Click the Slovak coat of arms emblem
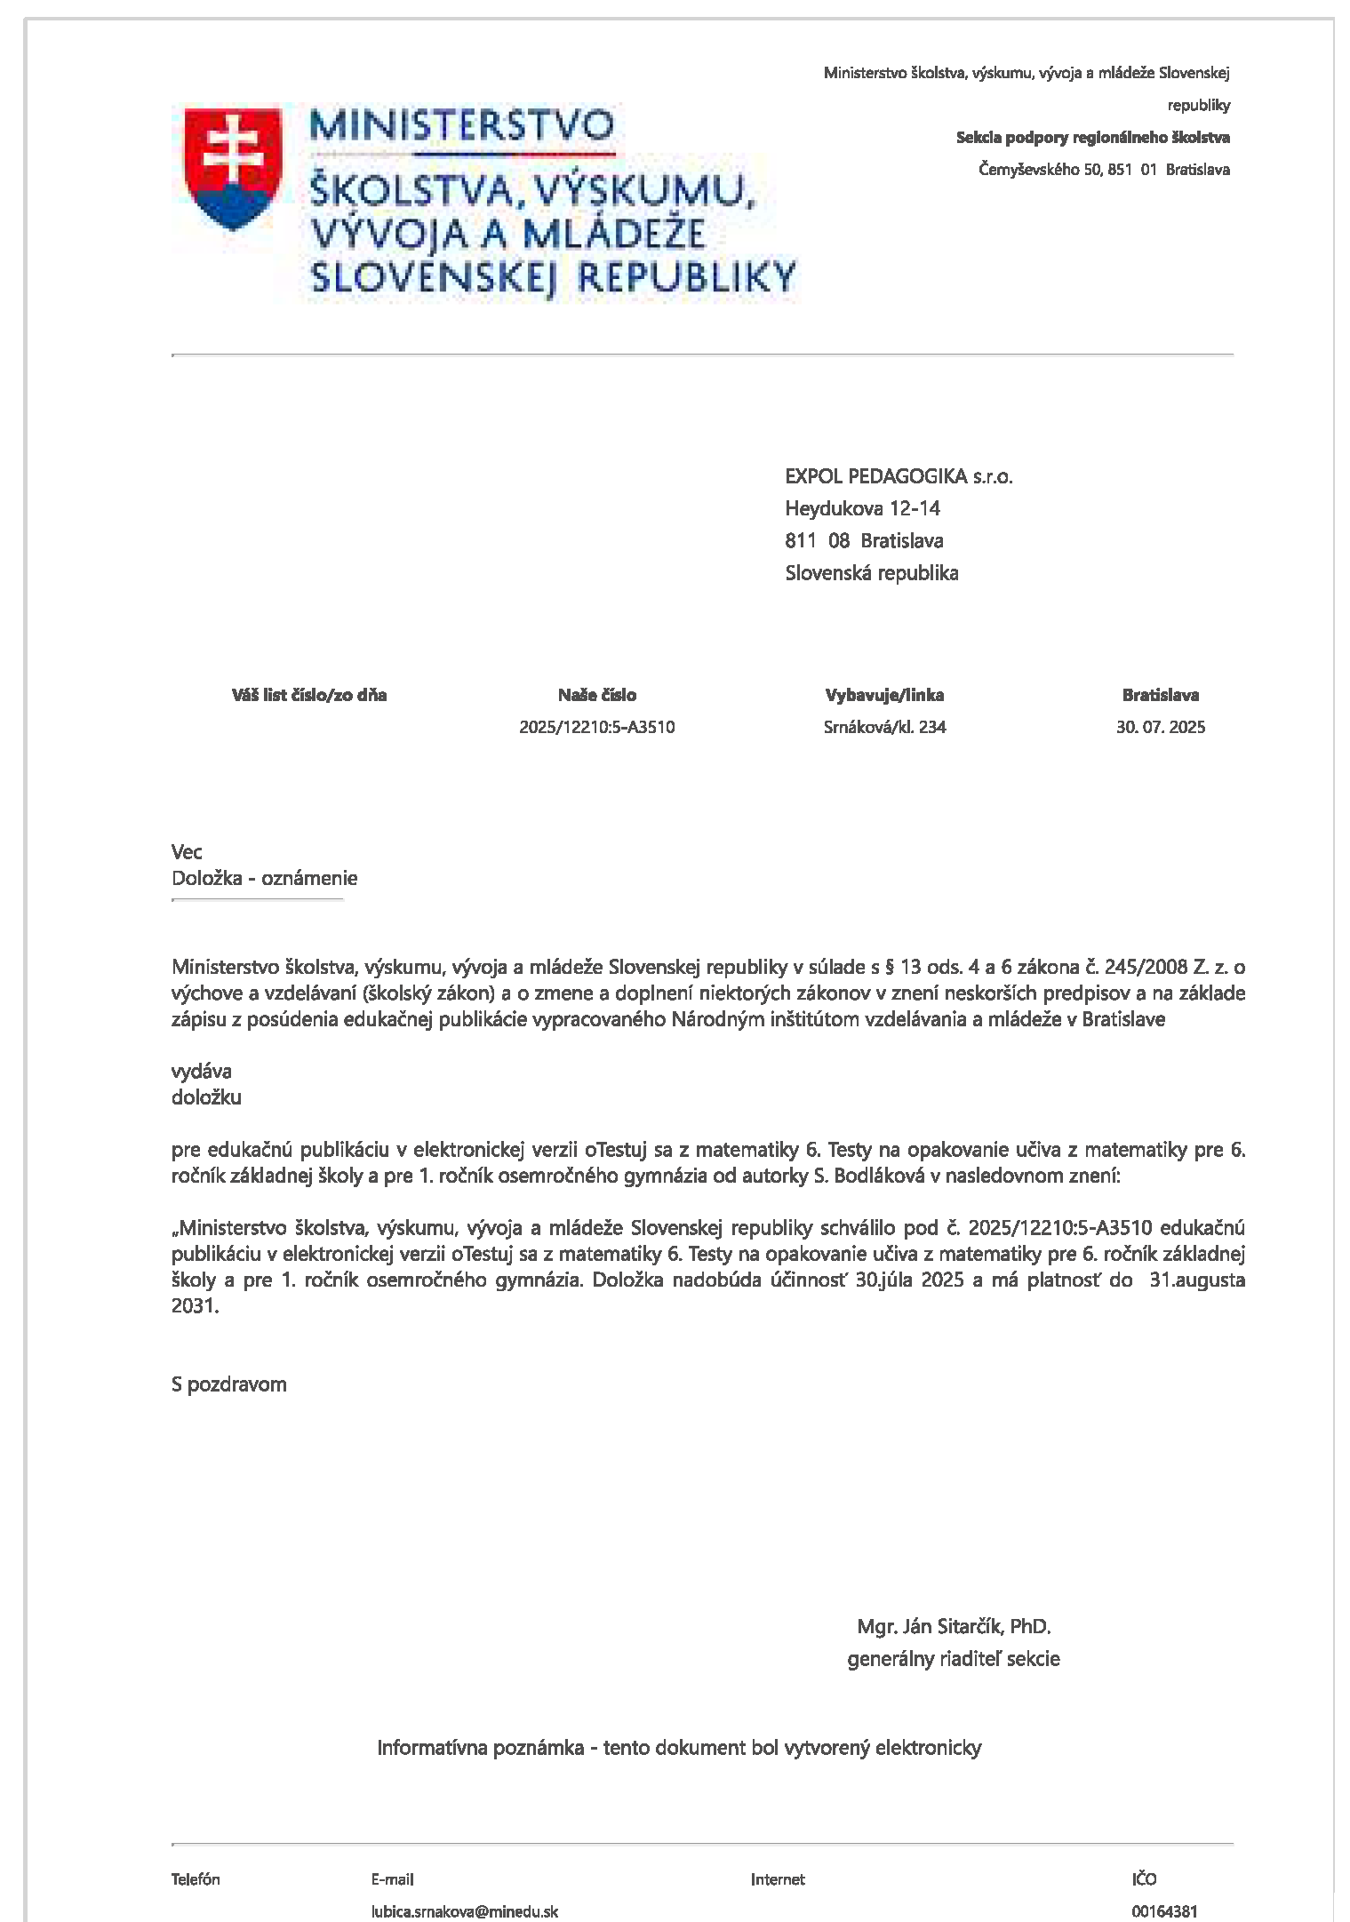232,168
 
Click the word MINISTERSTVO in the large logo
461,124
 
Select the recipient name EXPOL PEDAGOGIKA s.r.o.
899,476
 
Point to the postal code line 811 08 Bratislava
864,540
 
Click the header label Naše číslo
597,695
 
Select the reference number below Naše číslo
597,727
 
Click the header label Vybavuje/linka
884,695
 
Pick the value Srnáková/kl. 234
884,727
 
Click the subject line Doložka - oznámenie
264,878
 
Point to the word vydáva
202,1071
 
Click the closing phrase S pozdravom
229,1384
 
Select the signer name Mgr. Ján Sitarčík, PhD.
954,1626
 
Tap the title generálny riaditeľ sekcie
954,1658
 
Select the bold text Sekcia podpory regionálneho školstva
1092,137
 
